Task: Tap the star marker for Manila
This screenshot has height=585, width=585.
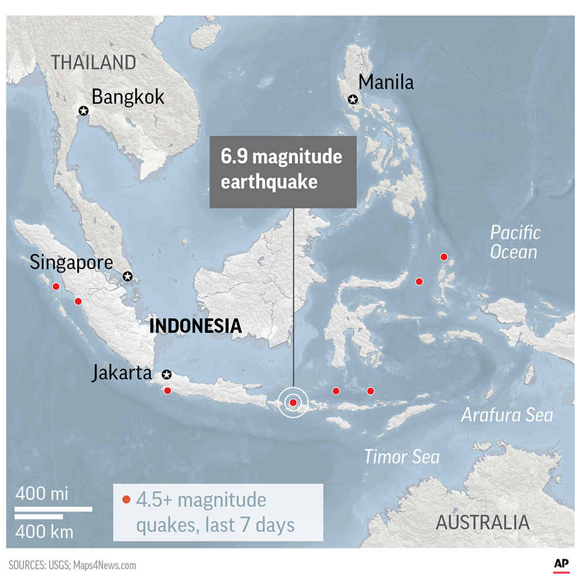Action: pyautogui.click(x=353, y=99)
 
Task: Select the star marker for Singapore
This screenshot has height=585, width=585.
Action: pyautogui.click(x=128, y=276)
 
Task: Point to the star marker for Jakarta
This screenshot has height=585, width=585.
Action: pyautogui.click(x=166, y=374)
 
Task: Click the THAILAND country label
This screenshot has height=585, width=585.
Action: pyautogui.click(x=94, y=62)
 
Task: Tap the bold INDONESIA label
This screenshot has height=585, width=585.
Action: pyautogui.click(x=195, y=326)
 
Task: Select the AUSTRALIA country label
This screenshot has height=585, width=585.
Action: pyautogui.click(x=483, y=522)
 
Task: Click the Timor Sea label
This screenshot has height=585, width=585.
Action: pyautogui.click(x=401, y=456)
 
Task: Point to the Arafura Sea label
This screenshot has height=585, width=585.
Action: pyautogui.click(x=507, y=415)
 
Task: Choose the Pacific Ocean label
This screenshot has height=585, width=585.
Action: pyautogui.click(x=514, y=242)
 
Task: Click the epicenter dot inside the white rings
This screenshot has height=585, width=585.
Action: pyautogui.click(x=293, y=402)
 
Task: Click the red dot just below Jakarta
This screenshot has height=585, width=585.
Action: pyautogui.click(x=168, y=390)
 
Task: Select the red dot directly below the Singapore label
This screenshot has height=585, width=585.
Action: pyautogui.click(x=56, y=287)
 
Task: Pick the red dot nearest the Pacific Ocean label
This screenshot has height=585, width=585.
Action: pyautogui.click(x=444, y=257)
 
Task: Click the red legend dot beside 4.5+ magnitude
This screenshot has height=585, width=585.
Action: pyautogui.click(x=126, y=500)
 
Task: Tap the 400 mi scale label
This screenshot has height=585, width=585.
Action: pyautogui.click(x=42, y=494)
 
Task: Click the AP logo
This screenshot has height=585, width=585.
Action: pyautogui.click(x=562, y=564)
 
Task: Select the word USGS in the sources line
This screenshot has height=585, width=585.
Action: pyautogui.click(x=57, y=566)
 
